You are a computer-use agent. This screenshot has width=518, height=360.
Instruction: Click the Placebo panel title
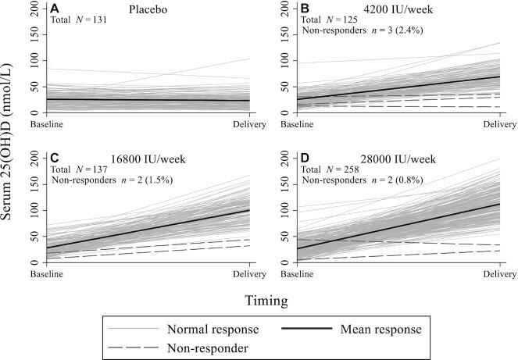pos(150,8)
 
